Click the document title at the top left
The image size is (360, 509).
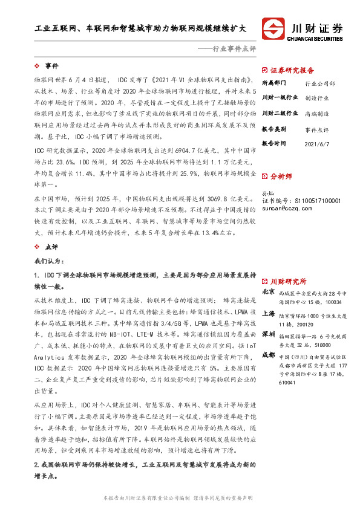pyautogui.click(x=140, y=28)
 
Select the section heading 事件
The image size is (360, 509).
pyautogui.click(x=51, y=65)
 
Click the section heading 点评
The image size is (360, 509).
pyautogui.click(x=51, y=247)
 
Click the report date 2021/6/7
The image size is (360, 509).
pyautogui.click(x=318, y=143)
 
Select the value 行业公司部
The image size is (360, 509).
pyautogui.click(x=320, y=83)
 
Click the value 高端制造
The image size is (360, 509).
pyautogui.click(x=317, y=113)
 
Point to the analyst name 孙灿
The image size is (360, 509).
pyautogui.click(x=267, y=192)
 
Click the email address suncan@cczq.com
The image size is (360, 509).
pyautogui.click(x=286, y=208)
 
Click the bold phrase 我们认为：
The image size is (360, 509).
pyautogui.click(x=48, y=261)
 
